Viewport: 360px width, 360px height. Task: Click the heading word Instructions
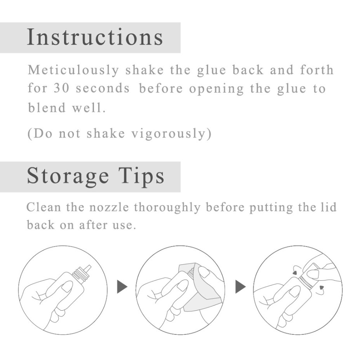95,37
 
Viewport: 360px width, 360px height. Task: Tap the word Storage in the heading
68,176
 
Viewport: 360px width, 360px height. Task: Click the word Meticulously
73,70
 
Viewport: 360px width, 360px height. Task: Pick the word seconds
103,89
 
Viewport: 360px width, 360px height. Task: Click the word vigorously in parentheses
168,134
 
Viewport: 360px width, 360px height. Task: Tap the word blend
47,108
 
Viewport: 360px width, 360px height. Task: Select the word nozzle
109,207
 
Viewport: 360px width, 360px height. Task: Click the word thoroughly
167,208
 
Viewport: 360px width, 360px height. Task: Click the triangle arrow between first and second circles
122,287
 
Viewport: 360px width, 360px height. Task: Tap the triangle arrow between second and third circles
240,287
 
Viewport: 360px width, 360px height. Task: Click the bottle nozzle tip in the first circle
87,268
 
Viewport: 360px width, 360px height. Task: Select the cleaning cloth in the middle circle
200,290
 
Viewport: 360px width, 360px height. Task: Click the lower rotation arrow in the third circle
321,290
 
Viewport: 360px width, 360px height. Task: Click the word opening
217,89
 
